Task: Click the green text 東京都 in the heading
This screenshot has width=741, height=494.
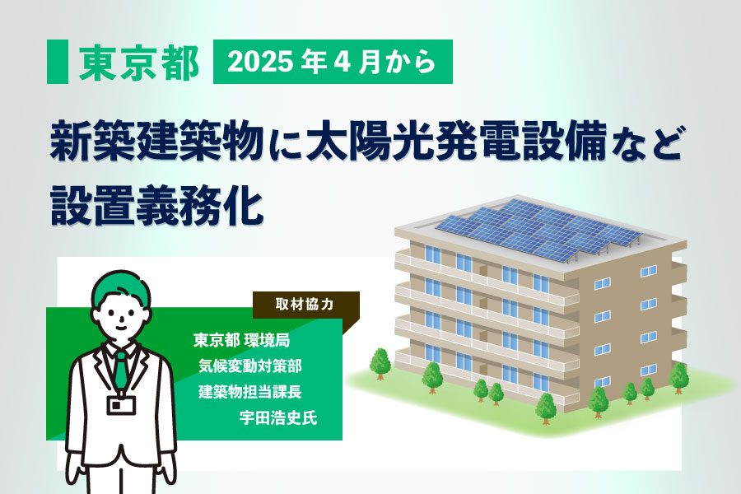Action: click(138, 63)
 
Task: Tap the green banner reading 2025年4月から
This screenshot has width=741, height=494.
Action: click(333, 62)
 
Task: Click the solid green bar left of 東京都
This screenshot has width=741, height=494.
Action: click(57, 62)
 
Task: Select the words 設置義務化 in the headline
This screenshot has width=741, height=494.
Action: click(157, 205)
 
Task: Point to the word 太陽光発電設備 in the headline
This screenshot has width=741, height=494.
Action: click(456, 142)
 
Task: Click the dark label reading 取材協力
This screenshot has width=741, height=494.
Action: click(305, 305)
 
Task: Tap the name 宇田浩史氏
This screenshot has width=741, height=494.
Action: click(278, 418)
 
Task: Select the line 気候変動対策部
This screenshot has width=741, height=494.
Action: click(250, 366)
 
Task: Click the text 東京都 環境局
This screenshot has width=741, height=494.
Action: click(241, 340)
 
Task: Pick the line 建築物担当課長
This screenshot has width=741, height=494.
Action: click(250, 391)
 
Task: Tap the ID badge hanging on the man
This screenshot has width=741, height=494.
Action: click(121, 405)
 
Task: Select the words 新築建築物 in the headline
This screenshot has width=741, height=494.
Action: click(156, 142)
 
